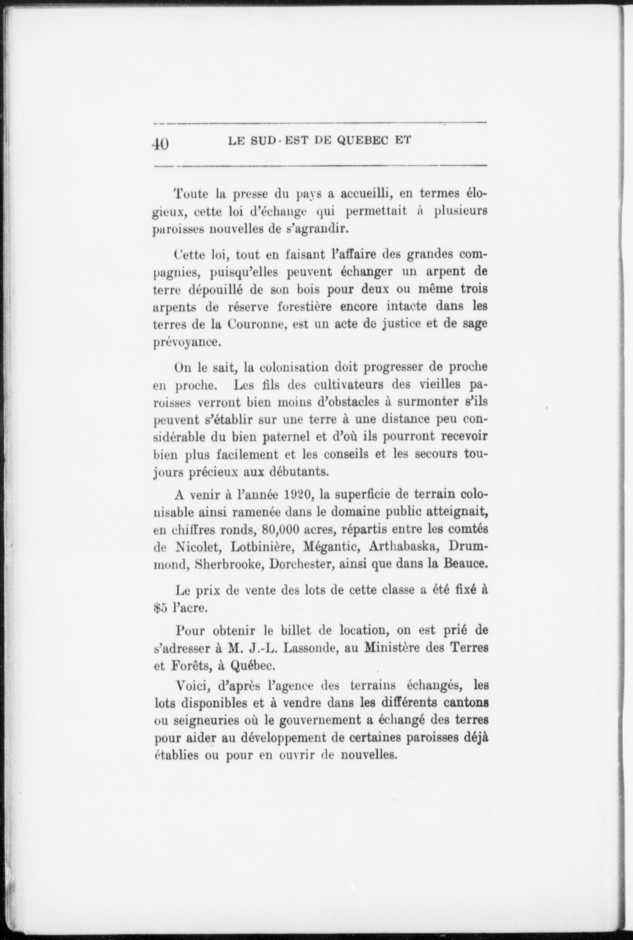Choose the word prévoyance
186,342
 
